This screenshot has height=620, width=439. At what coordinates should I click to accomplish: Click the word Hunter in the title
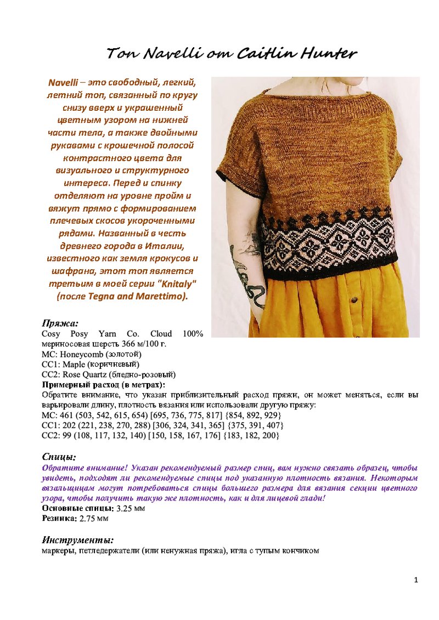[328, 54]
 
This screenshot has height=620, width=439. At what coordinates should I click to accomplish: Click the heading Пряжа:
[60, 323]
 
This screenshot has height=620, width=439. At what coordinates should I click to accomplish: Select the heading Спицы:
[59, 457]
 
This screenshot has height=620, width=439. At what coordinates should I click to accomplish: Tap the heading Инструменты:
[78, 540]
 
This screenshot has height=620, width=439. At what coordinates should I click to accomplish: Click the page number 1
[416, 580]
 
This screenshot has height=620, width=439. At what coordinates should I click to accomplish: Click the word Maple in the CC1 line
[74, 364]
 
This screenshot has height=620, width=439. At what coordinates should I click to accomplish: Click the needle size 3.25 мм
[131, 508]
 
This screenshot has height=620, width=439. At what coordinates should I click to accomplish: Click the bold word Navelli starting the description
[63, 83]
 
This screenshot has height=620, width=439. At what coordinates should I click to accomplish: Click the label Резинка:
[59, 518]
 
